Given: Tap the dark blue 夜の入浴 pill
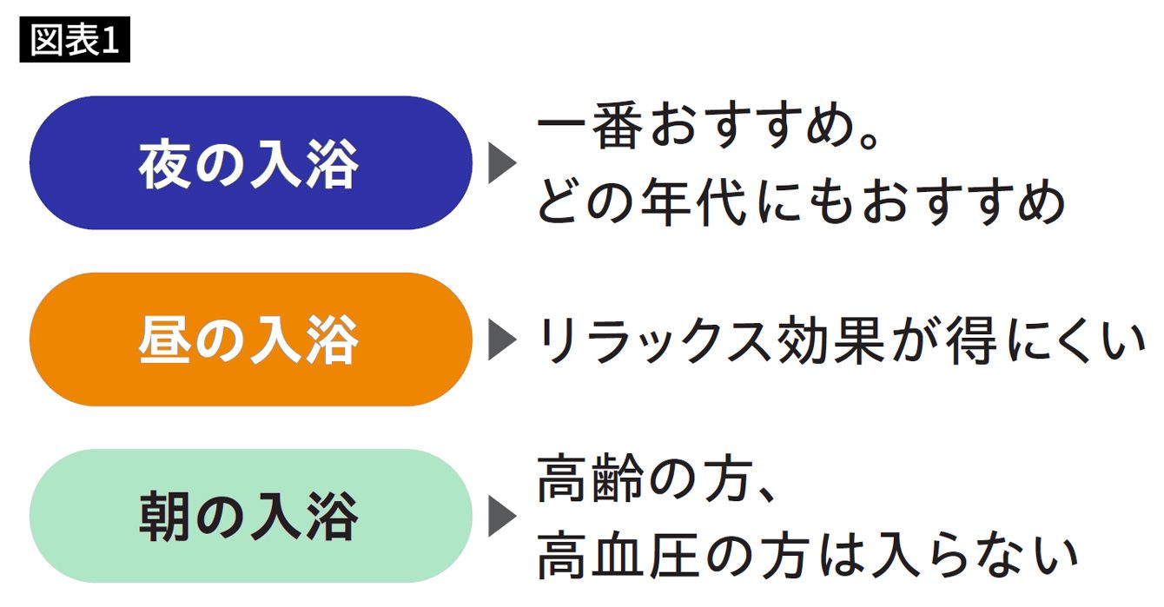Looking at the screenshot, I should [250, 163].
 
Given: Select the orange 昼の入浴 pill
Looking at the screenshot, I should [250, 340].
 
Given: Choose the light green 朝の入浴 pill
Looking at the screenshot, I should [250, 516].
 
